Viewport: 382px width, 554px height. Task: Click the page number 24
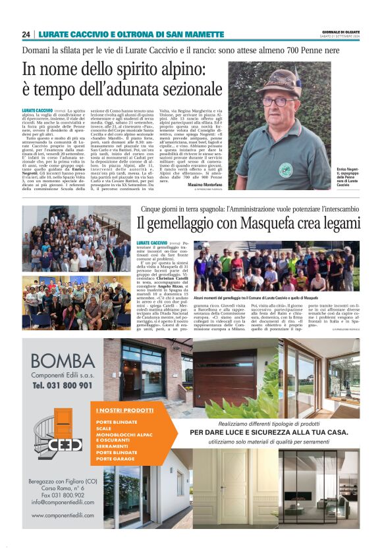(26, 34)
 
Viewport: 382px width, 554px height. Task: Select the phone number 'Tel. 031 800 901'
(63, 384)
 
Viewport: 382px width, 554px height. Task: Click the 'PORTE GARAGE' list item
(115, 459)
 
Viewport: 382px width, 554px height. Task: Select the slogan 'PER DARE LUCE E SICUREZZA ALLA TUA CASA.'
(268, 432)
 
